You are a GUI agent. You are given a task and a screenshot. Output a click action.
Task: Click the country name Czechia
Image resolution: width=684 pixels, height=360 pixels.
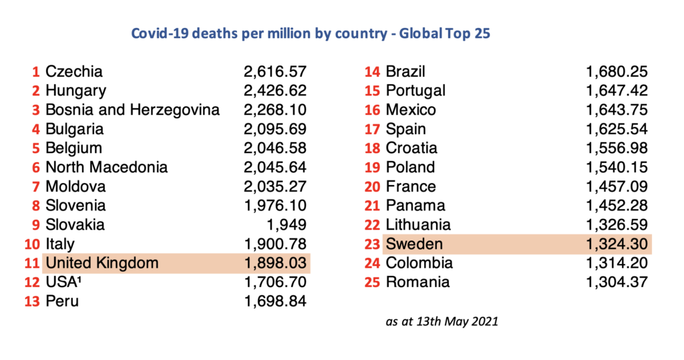pyautogui.click(x=74, y=71)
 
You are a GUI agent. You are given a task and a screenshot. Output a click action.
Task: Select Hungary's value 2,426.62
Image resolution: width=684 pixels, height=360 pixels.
pyautogui.click(x=275, y=91)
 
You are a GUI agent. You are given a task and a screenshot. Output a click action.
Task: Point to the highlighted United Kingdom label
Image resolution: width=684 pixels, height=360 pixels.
pyautogui.click(x=102, y=263)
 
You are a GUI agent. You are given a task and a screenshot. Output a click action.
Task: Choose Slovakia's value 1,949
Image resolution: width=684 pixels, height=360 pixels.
pyautogui.click(x=287, y=225)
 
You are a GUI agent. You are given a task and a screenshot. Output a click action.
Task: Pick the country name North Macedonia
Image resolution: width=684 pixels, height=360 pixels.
pyautogui.click(x=107, y=168)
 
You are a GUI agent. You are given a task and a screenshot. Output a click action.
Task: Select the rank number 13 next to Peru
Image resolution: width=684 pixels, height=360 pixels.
pyautogui.click(x=32, y=302)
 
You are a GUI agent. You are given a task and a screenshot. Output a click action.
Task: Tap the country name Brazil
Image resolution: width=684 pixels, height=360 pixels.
pyautogui.click(x=405, y=72)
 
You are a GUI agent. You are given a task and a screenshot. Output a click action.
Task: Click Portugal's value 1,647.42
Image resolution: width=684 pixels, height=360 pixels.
pyautogui.click(x=617, y=91)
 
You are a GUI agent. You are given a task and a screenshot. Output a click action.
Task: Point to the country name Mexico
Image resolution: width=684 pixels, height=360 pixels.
pyautogui.click(x=411, y=110)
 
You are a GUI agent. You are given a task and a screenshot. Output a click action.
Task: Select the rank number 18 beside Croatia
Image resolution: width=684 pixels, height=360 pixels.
pyautogui.click(x=372, y=148)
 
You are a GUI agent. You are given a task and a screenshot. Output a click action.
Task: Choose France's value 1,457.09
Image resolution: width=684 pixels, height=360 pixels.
pyautogui.click(x=617, y=187)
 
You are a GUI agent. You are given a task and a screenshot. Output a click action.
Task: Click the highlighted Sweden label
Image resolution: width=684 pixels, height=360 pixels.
pyautogui.click(x=414, y=244)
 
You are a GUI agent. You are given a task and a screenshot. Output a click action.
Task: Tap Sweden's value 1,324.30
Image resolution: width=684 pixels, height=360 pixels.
pyautogui.click(x=617, y=244)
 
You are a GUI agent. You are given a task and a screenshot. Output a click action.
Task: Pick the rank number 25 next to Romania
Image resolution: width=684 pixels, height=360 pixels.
pyautogui.click(x=372, y=283)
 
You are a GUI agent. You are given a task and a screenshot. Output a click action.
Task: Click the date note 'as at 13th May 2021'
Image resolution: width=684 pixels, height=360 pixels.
pyautogui.click(x=442, y=322)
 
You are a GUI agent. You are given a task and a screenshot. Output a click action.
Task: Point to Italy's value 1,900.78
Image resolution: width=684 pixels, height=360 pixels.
pyautogui.click(x=275, y=244)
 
